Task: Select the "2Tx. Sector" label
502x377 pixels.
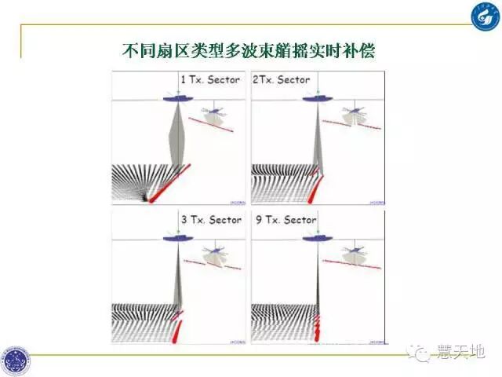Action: click(281, 79)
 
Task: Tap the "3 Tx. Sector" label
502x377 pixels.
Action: click(211, 219)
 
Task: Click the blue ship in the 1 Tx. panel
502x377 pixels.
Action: click(179, 98)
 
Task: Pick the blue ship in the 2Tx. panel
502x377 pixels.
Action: click(315, 98)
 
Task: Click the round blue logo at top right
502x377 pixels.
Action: click(484, 17)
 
